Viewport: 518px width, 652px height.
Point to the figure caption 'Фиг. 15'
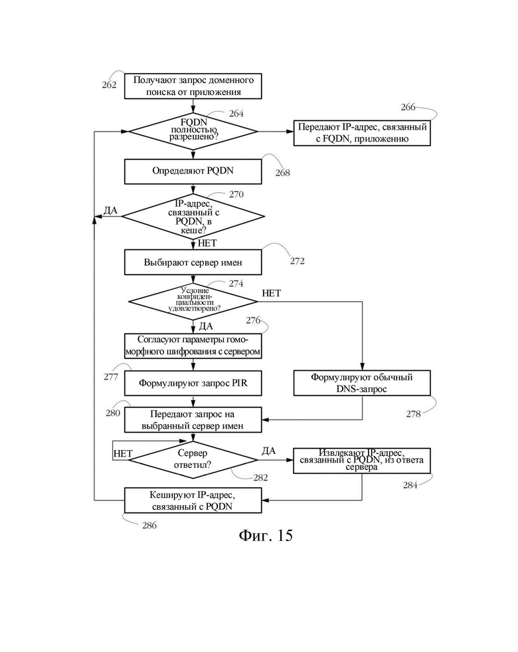tap(266, 536)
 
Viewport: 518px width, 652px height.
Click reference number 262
tap(110, 85)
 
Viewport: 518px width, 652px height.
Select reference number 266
tap(408, 107)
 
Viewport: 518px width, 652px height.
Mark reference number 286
tap(149, 526)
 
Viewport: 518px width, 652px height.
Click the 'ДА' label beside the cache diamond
tap(110, 211)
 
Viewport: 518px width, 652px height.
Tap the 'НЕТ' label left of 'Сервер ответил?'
tap(123, 454)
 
